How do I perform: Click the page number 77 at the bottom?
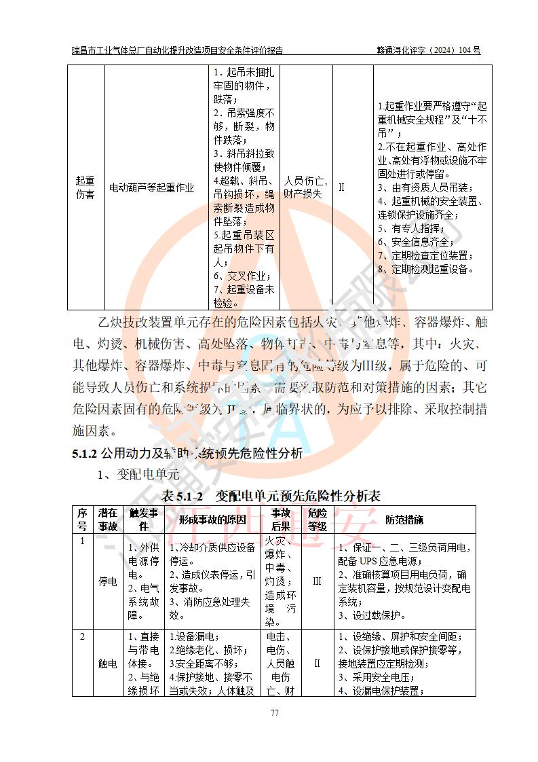click(x=275, y=712)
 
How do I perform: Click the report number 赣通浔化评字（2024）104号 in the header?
click(x=429, y=50)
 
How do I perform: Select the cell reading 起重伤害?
click(x=85, y=187)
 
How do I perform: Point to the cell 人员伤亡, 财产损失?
click(x=305, y=187)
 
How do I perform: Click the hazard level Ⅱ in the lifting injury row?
click(x=342, y=187)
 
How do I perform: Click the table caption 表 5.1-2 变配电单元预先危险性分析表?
click(x=270, y=496)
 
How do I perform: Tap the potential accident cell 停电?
click(x=107, y=581)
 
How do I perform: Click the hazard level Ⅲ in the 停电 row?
click(x=317, y=581)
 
